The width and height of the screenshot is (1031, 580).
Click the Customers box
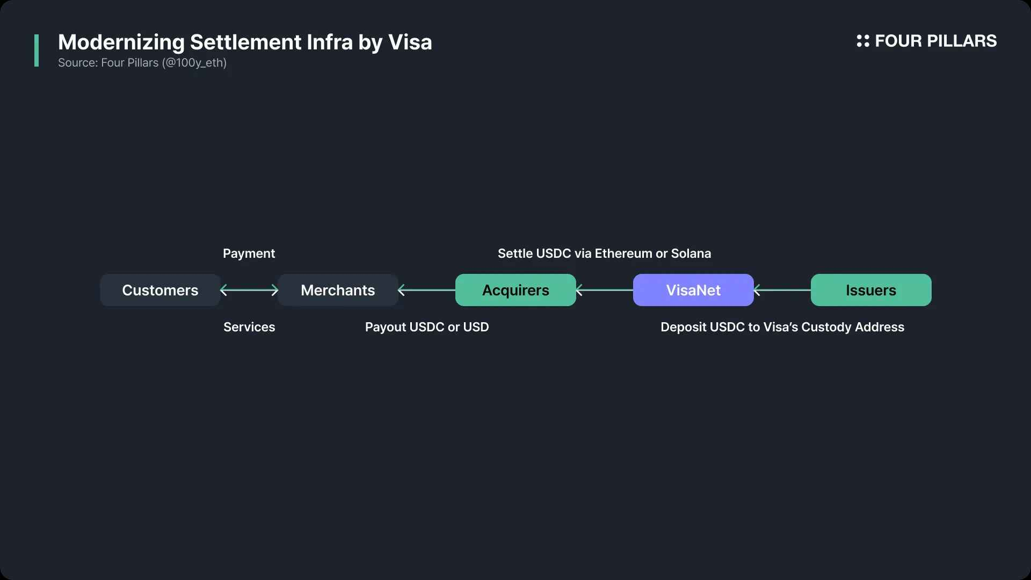click(x=160, y=290)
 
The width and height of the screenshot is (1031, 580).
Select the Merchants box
click(x=338, y=290)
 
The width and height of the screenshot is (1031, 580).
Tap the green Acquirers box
click(x=515, y=290)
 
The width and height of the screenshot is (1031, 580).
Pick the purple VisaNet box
click(x=693, y=290)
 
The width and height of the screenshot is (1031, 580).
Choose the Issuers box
click(x=871, y=290)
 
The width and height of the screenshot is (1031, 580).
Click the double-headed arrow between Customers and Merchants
click(x=249, y=290)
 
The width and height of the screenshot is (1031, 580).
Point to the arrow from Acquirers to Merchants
click(x=427, y=290)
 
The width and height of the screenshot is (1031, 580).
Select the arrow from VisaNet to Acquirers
click(x=605, y=290)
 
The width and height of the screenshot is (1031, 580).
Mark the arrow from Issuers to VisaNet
click(x=782, y=290)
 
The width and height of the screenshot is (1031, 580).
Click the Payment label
click(x=249, y=253)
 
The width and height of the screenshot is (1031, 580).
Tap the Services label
click(x=249, y=327)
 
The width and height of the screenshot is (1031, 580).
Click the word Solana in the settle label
click(x=691, y=253)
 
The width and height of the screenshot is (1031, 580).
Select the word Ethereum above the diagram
click(x=623, y=253)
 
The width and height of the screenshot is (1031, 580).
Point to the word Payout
click(x=386, y=327)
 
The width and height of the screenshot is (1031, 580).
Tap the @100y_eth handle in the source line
click(x=194, y=63)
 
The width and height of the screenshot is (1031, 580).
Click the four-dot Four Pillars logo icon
click(x=863, y=41)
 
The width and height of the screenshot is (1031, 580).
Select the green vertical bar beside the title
click(x=37, y=50)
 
